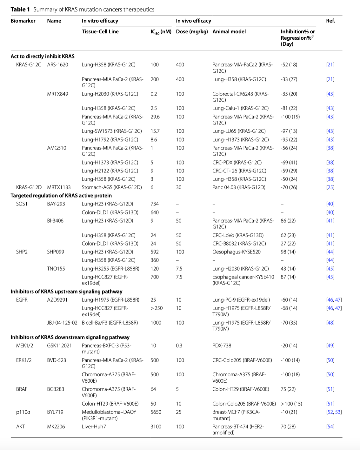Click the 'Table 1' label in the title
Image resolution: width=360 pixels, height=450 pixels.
20,9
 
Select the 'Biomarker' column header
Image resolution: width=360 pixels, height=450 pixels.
23,21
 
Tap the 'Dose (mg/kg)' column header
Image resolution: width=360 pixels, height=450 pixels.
192,32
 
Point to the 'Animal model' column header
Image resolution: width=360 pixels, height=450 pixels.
229,32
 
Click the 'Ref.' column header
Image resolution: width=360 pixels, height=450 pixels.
330,21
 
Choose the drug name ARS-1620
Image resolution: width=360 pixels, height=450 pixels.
58,65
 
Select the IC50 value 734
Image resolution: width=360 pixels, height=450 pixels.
155,204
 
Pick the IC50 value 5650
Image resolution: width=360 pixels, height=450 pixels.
156,412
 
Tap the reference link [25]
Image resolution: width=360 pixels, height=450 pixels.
330,187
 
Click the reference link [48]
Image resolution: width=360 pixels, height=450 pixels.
330,323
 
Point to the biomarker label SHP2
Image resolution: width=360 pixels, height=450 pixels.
22,252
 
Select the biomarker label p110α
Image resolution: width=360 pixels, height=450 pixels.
23,412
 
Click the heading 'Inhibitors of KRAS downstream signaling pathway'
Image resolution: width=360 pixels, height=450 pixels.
70,337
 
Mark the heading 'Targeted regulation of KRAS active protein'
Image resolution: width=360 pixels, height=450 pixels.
61,195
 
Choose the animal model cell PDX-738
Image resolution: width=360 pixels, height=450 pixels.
222,346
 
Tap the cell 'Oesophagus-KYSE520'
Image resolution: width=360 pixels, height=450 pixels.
236,252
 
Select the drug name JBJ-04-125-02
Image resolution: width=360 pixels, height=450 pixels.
62,323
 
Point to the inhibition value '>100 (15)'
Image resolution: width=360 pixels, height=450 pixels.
291,404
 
